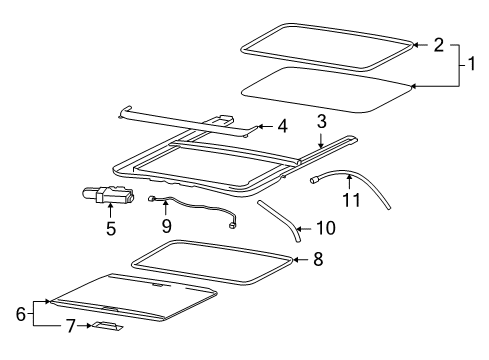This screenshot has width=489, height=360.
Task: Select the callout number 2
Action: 438,45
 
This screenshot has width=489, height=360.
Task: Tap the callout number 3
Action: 322,121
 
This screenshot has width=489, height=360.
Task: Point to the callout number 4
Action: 283,126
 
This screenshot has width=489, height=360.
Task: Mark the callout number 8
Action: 319,257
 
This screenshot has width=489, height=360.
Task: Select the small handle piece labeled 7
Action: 108,326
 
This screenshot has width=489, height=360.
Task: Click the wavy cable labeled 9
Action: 200,209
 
